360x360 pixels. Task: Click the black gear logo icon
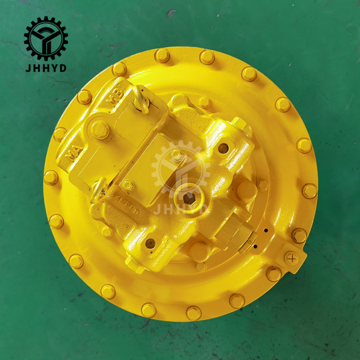pyautogui.click(x=46, y=38)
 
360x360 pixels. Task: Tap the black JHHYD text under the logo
pyautogui.click(x=46, y=67)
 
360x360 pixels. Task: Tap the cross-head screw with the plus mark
pyautogui.click(x=292, y=258)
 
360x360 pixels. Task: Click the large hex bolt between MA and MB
pyautogui.click(x=100, y=129)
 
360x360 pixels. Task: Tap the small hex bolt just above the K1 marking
pyautogui.click(x=127, y=185)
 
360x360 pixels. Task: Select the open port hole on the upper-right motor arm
pyautogui.click(x=223, y=149)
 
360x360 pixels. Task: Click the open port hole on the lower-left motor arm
pyautogui.click(x=150, y=243)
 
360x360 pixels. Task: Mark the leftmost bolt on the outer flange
pyautogui.click(x=51, y=177)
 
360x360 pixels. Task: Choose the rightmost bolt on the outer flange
pyautogui.click(x=309, y=191)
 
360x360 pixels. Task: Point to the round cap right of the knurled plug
pyautogui.click(x=246, y=191)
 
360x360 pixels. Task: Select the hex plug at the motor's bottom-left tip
pyautogui.click(x=135, y=265)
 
